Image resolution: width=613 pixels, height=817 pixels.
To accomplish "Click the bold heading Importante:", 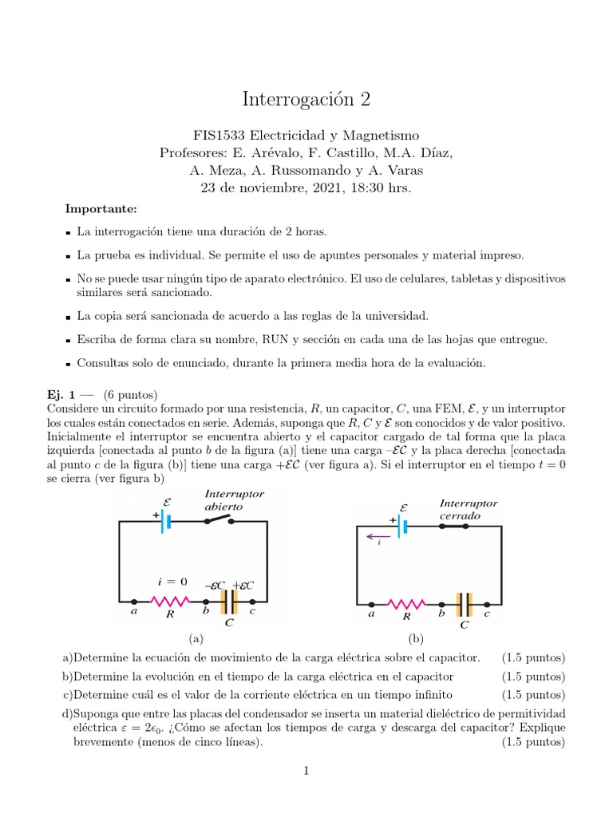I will pos(101,209).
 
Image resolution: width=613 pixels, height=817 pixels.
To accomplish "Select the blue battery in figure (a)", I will pos(166,521).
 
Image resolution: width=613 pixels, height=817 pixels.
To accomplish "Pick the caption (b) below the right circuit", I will pos(415,639).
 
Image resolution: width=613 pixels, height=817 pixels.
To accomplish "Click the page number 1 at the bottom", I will pos(306,770).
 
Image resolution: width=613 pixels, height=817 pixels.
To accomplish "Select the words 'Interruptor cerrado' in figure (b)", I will pos(469,510).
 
